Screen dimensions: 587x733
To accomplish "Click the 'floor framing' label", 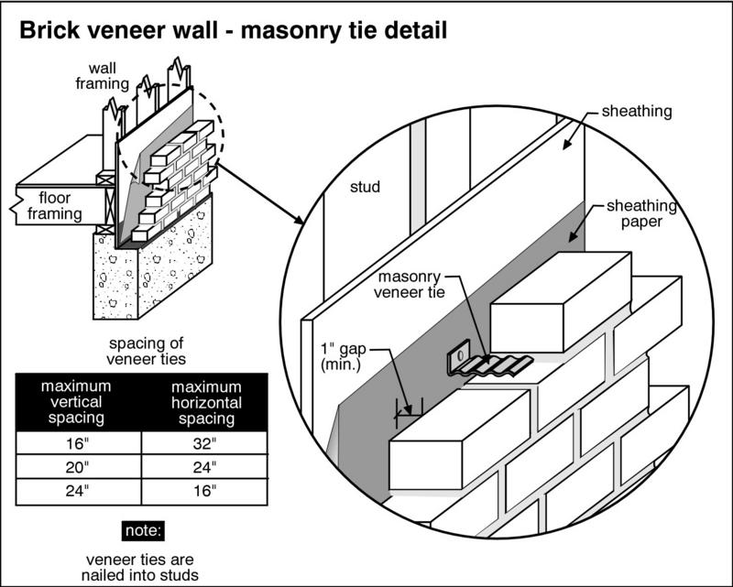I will pyautogui.click(x=60, y=205).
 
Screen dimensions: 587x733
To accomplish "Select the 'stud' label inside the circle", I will pyautogui.click(x=365, y=189).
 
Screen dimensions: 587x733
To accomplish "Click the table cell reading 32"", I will pyautogui.click(x=205, y=446).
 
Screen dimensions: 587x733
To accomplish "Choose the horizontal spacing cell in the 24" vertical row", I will pyautogui.click(x=205, y=491).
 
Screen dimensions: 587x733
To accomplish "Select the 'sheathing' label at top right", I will pyautogui.click(x=639, y=112).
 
